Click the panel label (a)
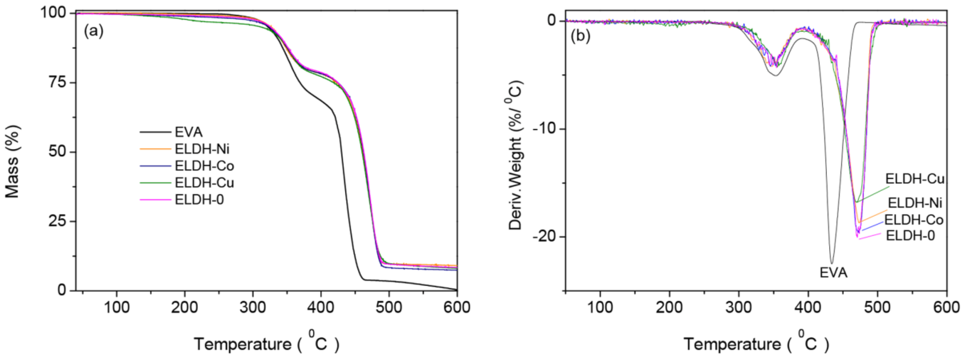click(x=93, y=31)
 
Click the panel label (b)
click(x=580, y=36)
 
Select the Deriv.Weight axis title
click(x=516, y=155)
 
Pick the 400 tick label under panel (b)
click(x=808, y=307)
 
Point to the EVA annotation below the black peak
click(x=833, y=273)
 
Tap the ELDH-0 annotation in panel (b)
click(x=910, y=236)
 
